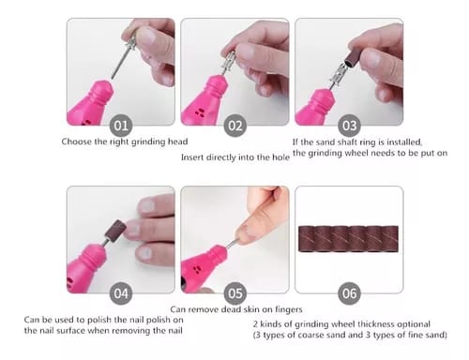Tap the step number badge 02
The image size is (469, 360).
[x=235, y=125]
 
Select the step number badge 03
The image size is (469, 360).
[x=349, y=125]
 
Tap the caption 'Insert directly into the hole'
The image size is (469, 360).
[x=234, y=156]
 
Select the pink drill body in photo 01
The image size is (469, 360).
[x=89, y=103]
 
